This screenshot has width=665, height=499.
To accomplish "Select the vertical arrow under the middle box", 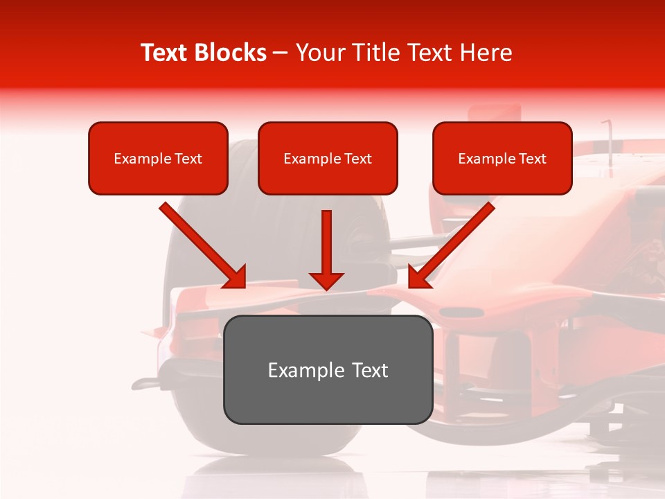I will (326, 243).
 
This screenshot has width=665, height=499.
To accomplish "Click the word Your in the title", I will (317, 53).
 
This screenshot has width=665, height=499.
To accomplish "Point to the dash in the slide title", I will (281, 53).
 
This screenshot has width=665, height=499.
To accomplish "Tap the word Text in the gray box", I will (369, 370).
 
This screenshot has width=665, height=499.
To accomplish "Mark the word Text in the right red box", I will (532, 159).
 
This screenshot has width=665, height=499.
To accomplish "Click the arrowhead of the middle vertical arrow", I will (326, 281).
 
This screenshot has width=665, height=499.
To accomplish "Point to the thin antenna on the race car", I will (610, 142).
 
